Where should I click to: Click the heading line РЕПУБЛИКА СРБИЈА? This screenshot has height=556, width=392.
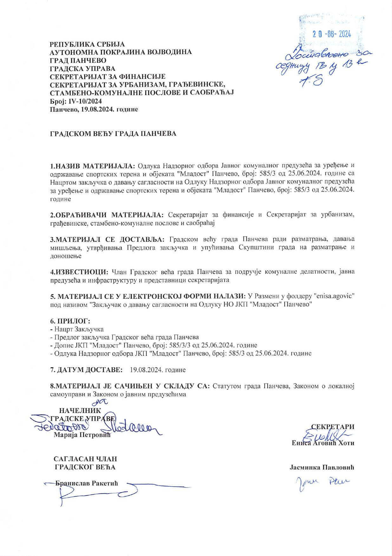88,44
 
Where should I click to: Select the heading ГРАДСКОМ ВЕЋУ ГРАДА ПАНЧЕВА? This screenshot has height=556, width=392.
113,134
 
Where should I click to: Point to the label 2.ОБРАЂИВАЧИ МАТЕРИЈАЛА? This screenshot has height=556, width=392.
107,215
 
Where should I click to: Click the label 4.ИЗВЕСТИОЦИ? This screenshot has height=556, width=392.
80,272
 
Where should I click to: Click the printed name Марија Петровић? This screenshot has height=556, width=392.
82,435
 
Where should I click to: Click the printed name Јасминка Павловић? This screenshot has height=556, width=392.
322,467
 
